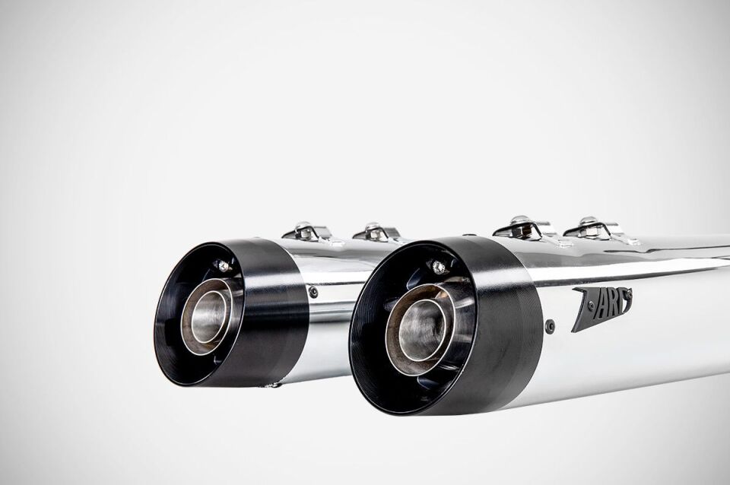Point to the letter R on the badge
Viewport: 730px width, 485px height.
tap(612, 300)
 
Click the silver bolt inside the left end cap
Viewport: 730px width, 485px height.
tap(222, 265)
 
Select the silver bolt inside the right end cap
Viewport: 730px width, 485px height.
tap(438, 267)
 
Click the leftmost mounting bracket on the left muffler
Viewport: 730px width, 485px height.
tap(306, 230)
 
